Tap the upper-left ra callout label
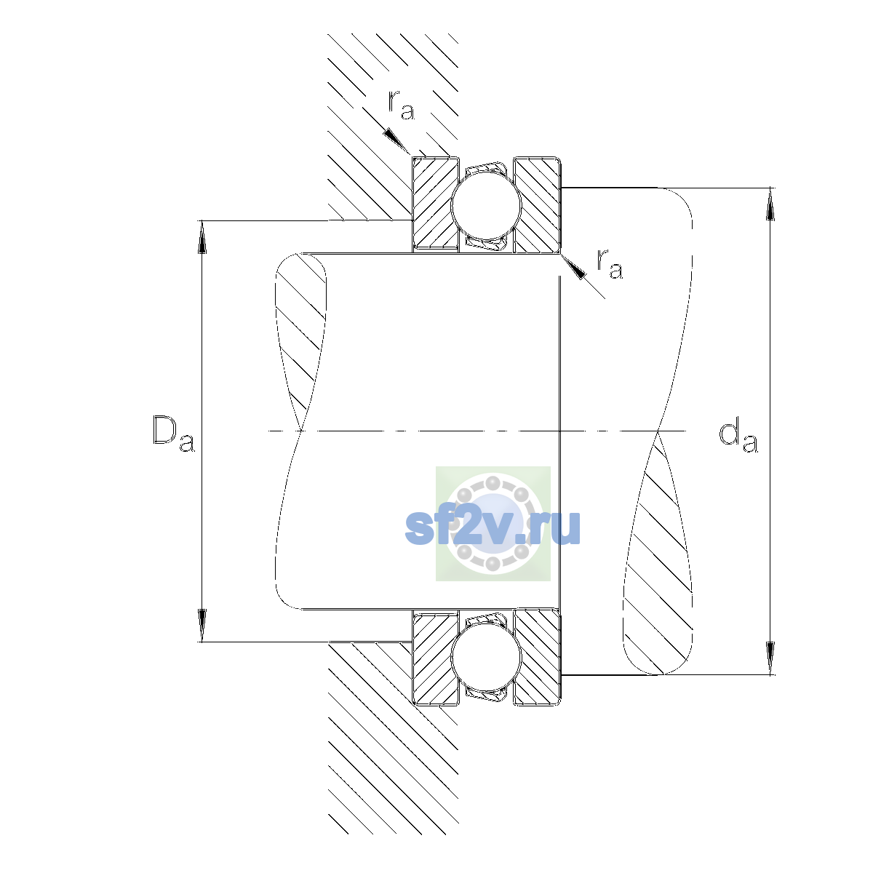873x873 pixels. [x=401, y=105]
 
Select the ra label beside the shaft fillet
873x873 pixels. [x=610, y=264]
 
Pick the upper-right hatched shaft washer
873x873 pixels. [x=538, y=204]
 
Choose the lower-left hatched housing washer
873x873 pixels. [x=434, y=657]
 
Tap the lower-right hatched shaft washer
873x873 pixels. [x=538, y=657]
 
